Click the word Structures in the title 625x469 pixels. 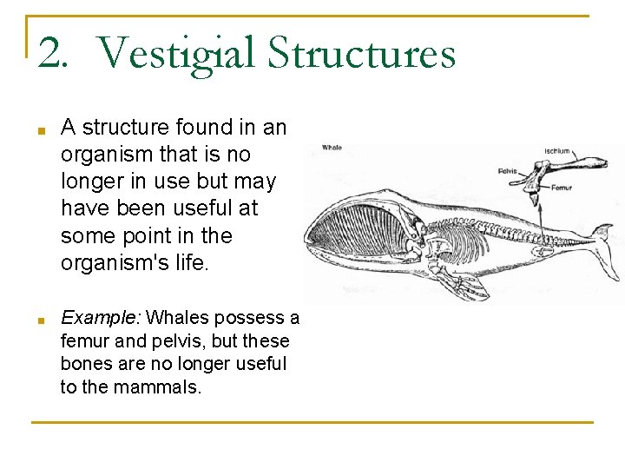point(361,54)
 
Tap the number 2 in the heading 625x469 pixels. point(51,54)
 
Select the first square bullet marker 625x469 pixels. point(41,131)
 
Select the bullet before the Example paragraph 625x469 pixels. point(41,321)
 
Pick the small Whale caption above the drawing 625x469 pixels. point(332,148)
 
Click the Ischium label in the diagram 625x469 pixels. point(557,151)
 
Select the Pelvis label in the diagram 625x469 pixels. point(508,171)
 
